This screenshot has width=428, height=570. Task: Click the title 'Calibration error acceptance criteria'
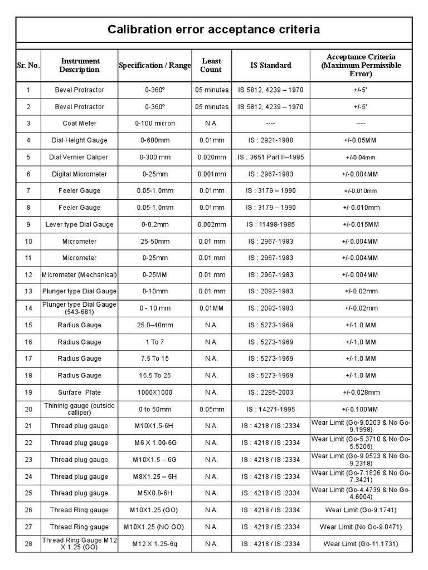(x=214, y=30)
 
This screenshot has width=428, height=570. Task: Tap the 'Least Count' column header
(x=211, y=65)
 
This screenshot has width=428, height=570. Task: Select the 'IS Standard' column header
(x=271, y=65)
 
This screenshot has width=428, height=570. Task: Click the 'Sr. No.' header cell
(x=28, y=65)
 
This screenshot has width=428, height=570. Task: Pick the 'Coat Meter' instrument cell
(x=79, y=124)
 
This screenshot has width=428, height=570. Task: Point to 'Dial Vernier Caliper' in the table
(x=79, y=157)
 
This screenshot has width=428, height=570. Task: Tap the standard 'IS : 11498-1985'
(x=271, y=224)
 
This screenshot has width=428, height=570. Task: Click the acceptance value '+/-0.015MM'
(x=361, y=224)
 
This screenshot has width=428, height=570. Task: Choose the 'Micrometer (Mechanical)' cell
(x=79, y=275)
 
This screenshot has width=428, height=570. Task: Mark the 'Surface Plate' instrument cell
(x=79, y=392)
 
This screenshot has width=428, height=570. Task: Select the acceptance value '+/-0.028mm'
(x=361, y=392)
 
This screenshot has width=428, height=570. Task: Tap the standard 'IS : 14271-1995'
(x=271, y=409)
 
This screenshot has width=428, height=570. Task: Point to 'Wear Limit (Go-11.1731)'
(x=361, y=544)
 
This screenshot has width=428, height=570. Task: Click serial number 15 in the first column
(x=28, y=325)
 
